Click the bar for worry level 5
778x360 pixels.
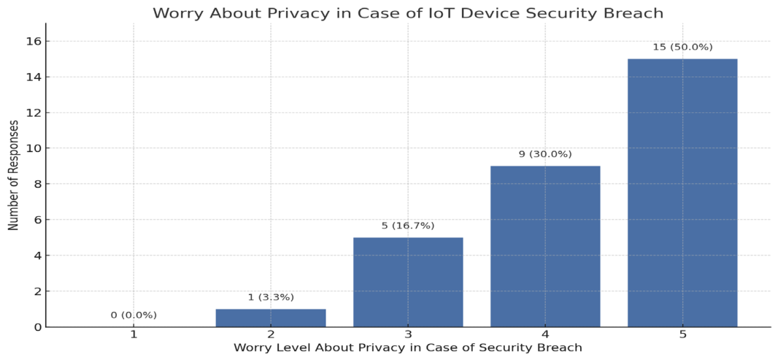click(682, 194)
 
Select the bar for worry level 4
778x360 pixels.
click(545, 247)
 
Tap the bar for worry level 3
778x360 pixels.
click(408, 283)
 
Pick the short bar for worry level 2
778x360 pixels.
click(271, 318)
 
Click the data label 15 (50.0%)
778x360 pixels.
click(682, 47)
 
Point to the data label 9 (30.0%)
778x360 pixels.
click(545, 154)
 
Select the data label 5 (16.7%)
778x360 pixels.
click(408, 226)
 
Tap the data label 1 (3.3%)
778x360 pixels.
click(271, 297)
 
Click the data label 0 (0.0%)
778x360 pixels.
click(134, 315)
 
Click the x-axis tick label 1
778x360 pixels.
click(134, 334)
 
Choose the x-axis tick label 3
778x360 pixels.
click(408, 334)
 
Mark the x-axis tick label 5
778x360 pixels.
click(682, 334)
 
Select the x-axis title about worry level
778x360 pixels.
click(408, 348)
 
